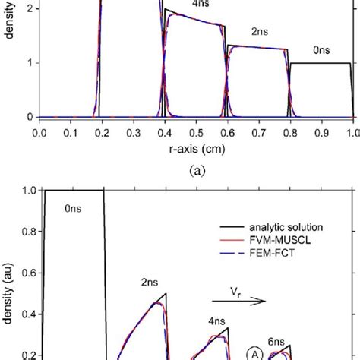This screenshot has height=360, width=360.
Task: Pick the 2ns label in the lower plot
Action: [x=152, y=280]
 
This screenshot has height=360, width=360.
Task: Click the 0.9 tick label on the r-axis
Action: [x=321, y=131]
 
